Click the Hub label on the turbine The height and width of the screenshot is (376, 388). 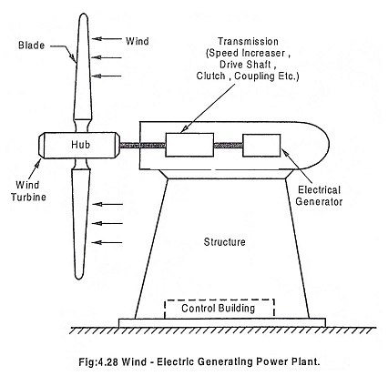[x=81, y=145]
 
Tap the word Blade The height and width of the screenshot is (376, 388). [x=32, y=46]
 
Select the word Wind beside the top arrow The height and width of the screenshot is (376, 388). [x=138, y=41]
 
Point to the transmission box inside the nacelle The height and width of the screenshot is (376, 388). [x=189, y=145]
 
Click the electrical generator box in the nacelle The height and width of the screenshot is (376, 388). [x=261, y=146]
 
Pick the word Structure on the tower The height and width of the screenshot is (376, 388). [x=224, y=242]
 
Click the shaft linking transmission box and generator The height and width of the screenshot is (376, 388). [x=228, y=146]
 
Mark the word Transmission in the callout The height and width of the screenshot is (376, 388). [x=248, y=41]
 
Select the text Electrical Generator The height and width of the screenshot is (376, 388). [x=319, y=196]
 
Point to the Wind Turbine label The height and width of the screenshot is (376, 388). [x=28, y=191]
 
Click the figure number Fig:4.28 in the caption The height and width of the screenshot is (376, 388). [x=98, y=362]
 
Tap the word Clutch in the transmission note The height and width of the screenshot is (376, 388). [x=210, y=76]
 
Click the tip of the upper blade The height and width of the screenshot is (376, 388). [x=83, y=14]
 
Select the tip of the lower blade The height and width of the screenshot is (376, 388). [x=79, y=279]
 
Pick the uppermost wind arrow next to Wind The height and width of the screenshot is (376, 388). [x=107, y=38]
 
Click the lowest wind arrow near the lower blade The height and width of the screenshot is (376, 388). [x=107, y=242]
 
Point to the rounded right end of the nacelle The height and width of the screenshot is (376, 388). [x=330, y=145]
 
